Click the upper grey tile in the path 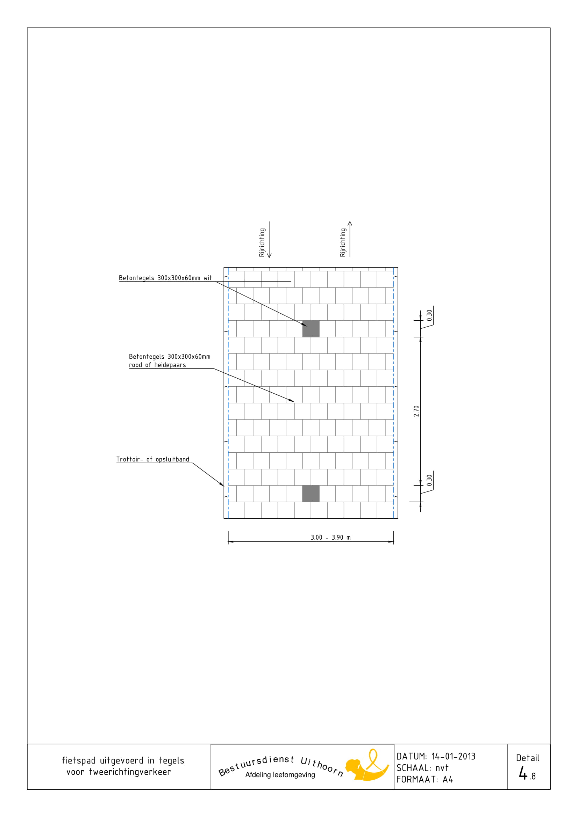click(311, 328)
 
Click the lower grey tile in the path click(311, 494)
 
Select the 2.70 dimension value click(416, 411)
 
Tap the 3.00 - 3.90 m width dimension click(330, 537)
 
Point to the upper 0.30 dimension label click(429, 315)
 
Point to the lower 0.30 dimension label click(429, 480)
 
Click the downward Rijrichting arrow click(269, 240)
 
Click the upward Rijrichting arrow click(350, 239)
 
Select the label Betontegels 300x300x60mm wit click(165, 278)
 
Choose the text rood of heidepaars click(157, 365)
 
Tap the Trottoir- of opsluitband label click(153, 459)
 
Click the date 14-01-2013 click(454, 756)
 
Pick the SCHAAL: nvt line click(422, 768)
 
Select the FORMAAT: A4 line click(425, 779)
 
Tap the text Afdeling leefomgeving click(280, 775)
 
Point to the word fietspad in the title click(79, 761)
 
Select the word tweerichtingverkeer click(130, 772)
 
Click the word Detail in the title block click(527, 758)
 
